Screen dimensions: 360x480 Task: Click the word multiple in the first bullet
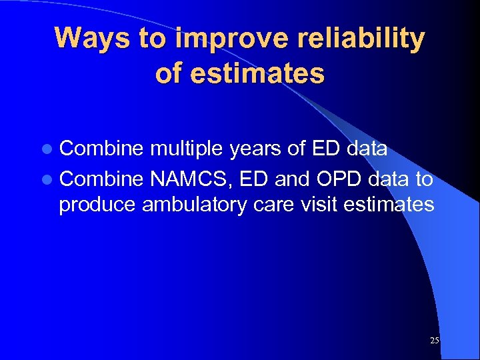(x=187, y=149)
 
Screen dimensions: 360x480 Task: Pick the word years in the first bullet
(x=256, y=150)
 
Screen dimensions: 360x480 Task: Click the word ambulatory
(x=193, y=205)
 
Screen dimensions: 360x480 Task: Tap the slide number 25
(x=435, y=341)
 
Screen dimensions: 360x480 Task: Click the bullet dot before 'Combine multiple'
(x=51, y=149)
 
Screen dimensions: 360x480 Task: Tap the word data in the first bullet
(x=367, y=149)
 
